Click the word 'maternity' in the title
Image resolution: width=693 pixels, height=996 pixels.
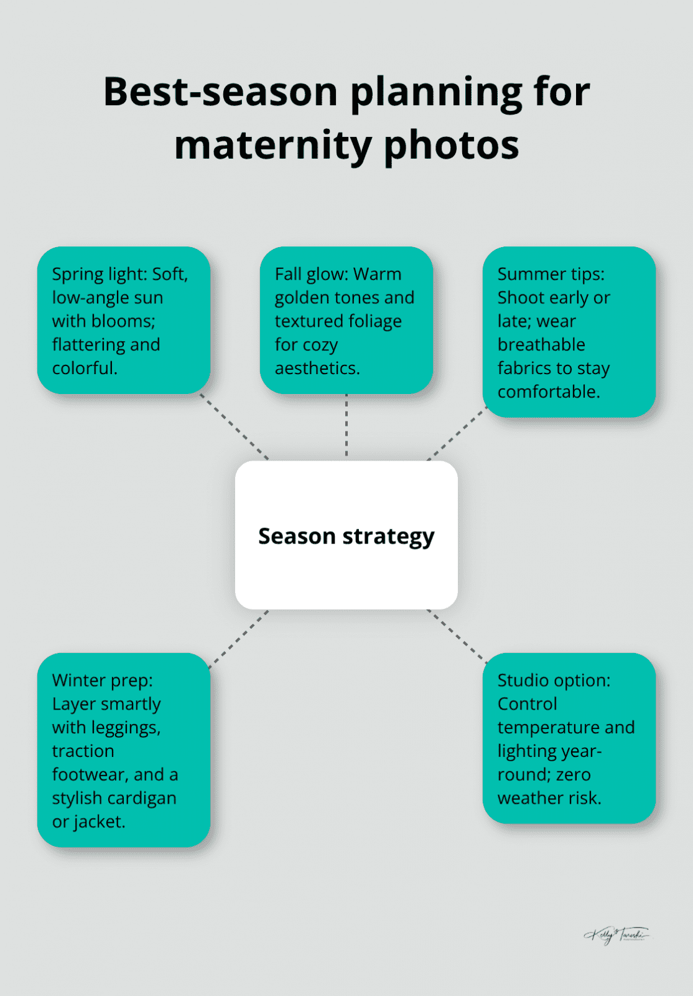(272, 146)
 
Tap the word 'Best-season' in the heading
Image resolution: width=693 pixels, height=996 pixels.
(220, 92)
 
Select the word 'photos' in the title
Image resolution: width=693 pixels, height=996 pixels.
(451, 146)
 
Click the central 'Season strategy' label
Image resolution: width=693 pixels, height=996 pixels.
(346, 536)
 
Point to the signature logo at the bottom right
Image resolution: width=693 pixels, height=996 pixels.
(616, 934)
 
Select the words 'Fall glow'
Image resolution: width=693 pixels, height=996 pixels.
(311, 275)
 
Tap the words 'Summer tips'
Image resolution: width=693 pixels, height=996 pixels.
(551, 275)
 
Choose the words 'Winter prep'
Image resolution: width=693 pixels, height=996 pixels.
(102, 680)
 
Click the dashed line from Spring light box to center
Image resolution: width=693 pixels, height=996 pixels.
(235, 427)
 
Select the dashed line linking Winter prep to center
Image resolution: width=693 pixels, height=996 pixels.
(239, 639)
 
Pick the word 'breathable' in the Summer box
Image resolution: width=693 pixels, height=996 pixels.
(541, 345)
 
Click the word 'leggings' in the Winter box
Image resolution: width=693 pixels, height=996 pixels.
(125, 728)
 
